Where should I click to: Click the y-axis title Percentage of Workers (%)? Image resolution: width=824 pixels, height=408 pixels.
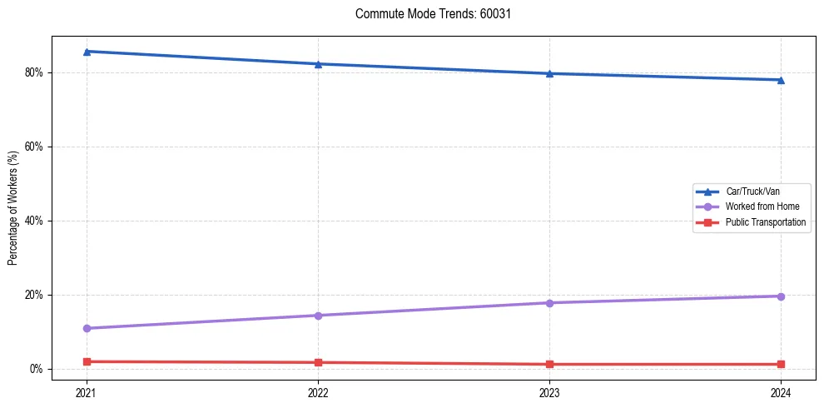coord(13,208)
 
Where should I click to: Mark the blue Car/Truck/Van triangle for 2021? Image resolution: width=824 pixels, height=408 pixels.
coord(87,52)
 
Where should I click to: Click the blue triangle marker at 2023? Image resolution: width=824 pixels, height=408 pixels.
coord(549,73)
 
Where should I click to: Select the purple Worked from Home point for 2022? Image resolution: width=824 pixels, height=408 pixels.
coord(318,316)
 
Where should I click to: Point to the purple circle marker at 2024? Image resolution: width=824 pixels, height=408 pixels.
coord(781,296)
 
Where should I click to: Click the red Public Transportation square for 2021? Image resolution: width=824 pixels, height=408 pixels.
coord(87,361)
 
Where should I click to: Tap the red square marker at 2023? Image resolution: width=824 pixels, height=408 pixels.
coord(549,364)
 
